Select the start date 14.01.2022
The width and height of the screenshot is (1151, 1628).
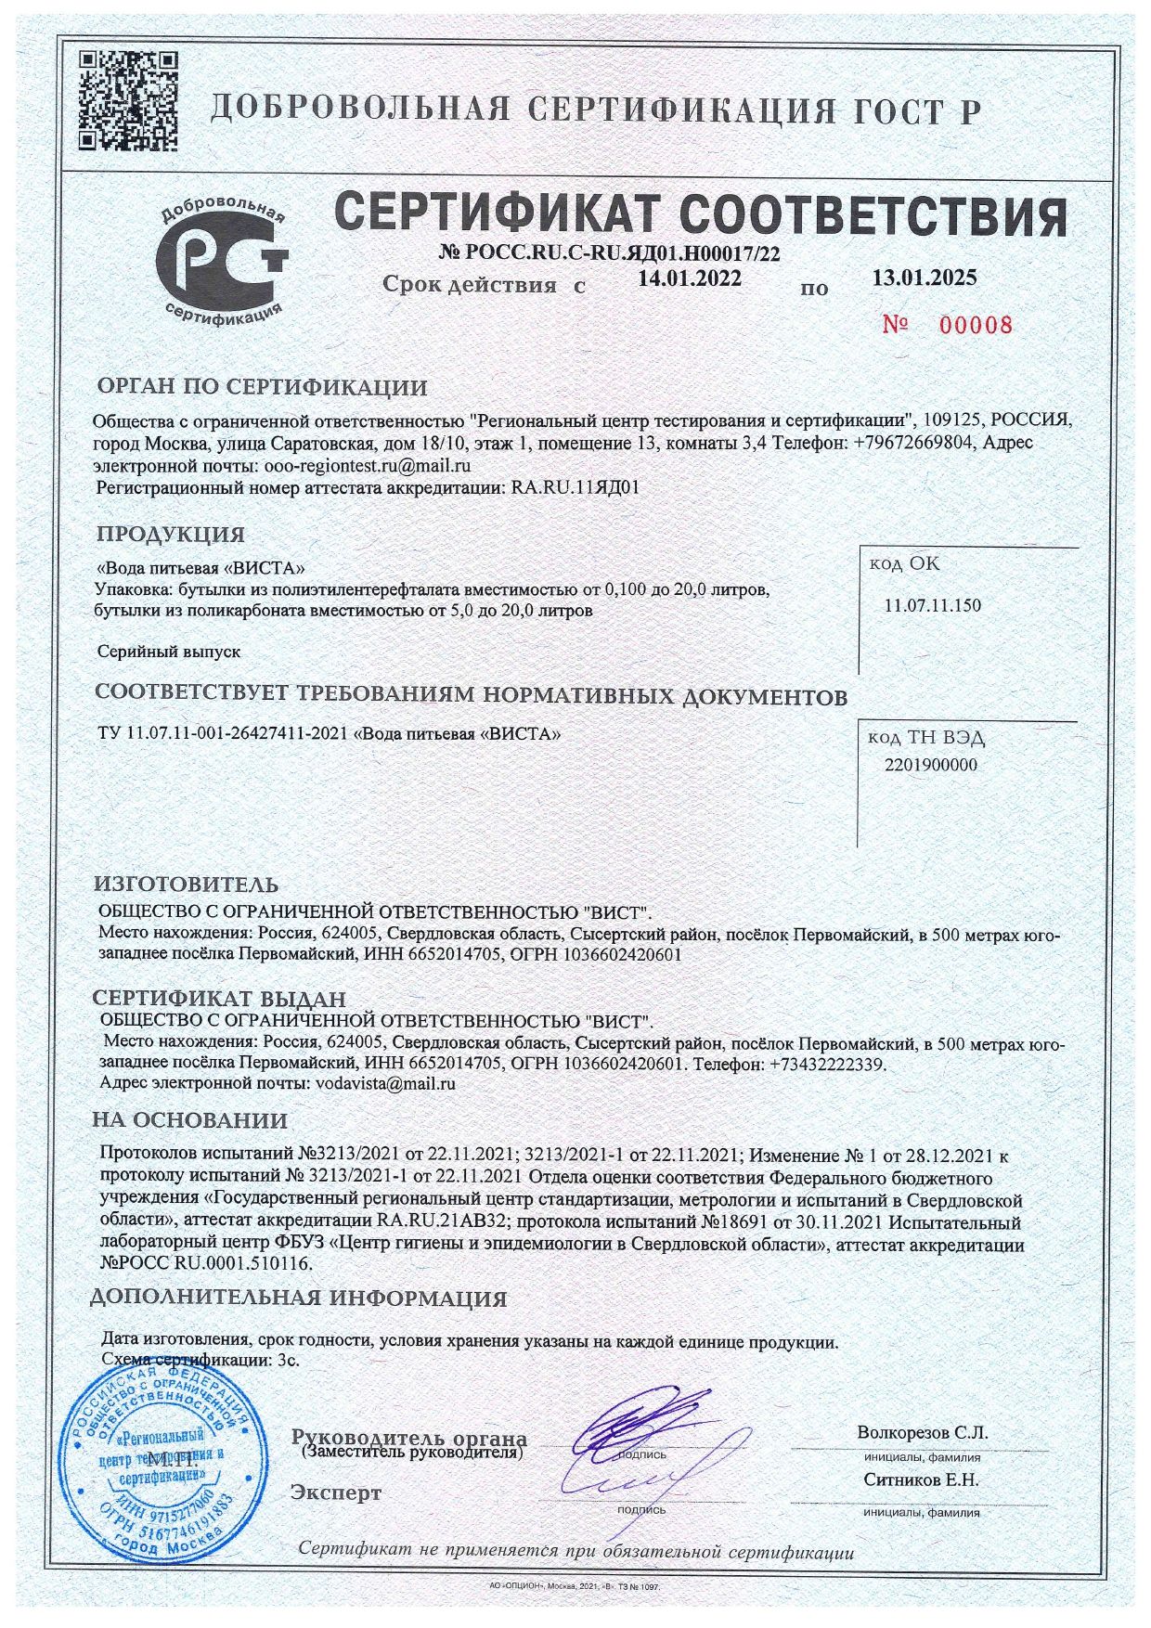[690, 277]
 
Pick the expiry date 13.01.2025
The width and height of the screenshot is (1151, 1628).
[925, 276]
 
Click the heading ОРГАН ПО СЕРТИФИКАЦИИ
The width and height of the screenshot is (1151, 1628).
[262, 387]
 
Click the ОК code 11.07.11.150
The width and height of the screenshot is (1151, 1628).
[932, 606]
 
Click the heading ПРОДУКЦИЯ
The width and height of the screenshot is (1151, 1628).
[171, 535]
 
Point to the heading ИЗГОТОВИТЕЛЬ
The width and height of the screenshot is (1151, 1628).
[186, 885]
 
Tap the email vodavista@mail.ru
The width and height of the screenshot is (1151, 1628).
[385, 1083]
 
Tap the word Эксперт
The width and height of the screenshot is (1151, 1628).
[336, 1492]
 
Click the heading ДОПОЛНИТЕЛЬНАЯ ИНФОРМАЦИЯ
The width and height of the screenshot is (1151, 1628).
[299, 1299]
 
